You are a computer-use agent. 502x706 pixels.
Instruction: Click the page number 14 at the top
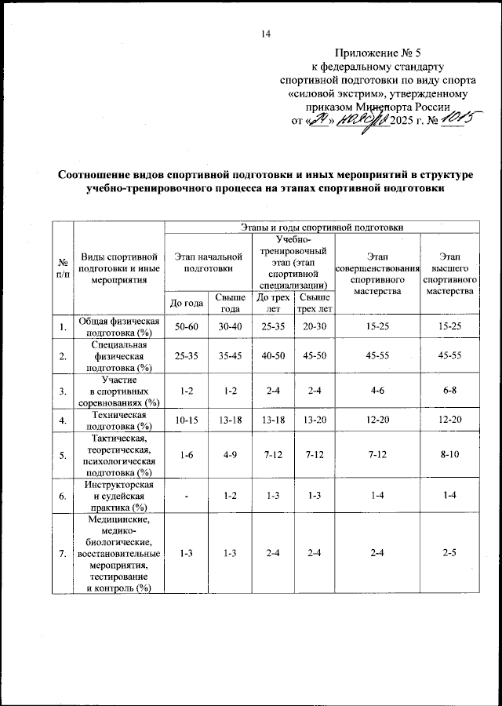tap(265, 33)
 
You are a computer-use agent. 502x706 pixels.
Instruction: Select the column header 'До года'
tap(184, 302)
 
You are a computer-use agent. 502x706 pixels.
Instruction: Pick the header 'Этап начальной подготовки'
tap(208, 262)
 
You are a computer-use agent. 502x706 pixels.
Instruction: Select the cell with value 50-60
tap(184, 326)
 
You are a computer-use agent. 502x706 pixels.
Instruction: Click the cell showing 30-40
tap(230, 326)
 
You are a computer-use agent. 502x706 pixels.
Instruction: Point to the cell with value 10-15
tap(184, 421)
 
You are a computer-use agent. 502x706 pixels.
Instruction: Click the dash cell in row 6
tap(184, 496)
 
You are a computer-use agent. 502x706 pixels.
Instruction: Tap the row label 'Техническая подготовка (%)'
tap(118, 421)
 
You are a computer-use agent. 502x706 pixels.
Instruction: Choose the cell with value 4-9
tap(230, 455)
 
